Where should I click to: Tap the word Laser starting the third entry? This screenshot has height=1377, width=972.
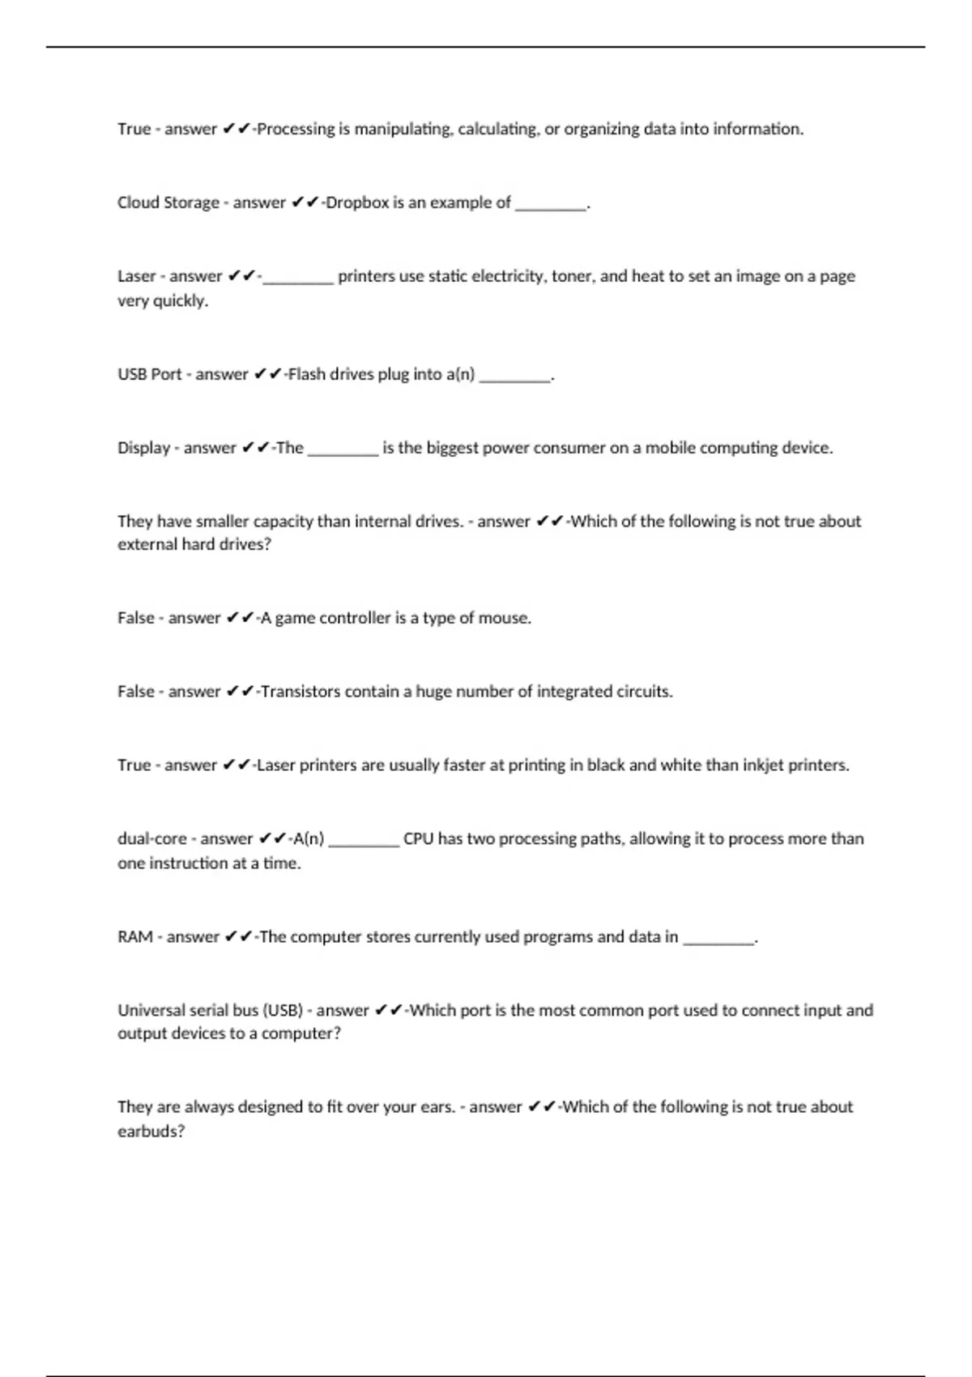[x=137, y=276]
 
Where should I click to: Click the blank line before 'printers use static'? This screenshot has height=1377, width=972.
[x=298, y=280]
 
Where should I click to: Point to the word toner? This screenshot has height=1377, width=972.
[x=572, y=276]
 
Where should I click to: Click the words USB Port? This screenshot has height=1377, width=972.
[x=150, y=374]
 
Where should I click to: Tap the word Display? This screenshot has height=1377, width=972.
[x=143, y=448]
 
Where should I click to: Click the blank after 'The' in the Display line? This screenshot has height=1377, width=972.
[x=343, y=452]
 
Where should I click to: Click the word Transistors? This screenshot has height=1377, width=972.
[x=301, y=692]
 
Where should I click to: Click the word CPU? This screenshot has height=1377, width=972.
[x=418, y=839]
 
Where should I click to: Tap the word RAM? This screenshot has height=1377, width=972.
[x=135, y=937]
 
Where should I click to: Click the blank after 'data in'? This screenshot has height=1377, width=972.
[x=718, y=941]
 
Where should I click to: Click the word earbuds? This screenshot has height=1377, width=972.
[x=151, y=1132]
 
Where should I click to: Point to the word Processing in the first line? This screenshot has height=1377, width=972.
[x=296, y=129]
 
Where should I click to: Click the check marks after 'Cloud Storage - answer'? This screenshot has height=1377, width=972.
[x=305, y=202]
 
